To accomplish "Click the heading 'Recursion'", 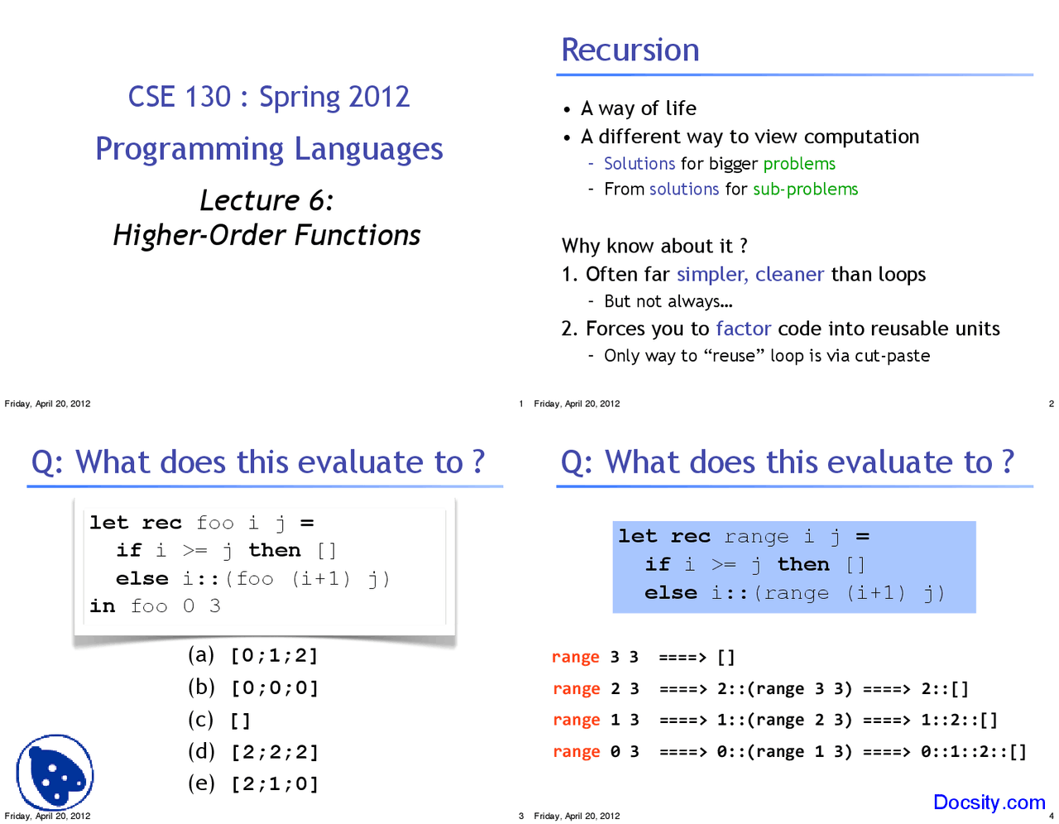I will point(630,50).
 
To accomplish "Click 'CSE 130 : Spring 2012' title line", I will point(268,97).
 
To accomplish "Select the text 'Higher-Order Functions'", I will point(266,236).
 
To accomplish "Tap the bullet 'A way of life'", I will point(638,108).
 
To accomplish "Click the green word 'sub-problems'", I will point(805,189).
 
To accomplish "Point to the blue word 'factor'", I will point(743,329).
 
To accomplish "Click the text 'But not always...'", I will point(668,302).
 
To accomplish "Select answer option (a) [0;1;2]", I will point(253,655).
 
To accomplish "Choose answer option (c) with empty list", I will point(219,720).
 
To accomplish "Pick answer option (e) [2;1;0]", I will point(253,783).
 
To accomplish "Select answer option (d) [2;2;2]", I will point(253,752).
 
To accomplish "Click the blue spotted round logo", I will point(55,773).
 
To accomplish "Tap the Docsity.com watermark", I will point(989,802).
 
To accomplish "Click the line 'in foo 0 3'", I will point(155,606).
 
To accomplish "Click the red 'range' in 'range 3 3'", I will point(575,658).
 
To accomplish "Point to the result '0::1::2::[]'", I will point(973,752).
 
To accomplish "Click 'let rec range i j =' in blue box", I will point(743,537).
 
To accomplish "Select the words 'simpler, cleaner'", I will point(750,275).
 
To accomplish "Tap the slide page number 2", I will point(1051,404).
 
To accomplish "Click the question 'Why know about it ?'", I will point(654,247).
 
